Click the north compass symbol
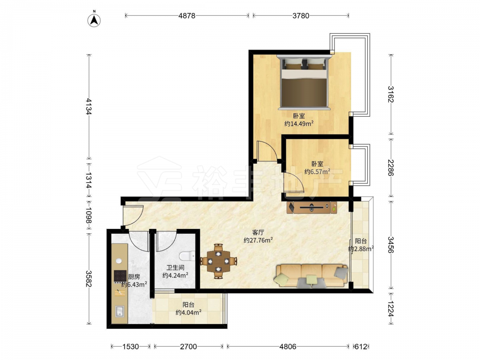pyautogui.click(x=94, y=20)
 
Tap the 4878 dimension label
pyautogui.click(x=187, y=16)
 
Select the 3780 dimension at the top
pyautogui.click(x=300, y=16)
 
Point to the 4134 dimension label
pyautogui.click(x=89, y=107)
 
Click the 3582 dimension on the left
pyautogui.click(x=89, y=279)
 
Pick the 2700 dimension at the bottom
pyautogui.click(x=188, y=347)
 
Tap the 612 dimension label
pyautogui.click(x=360, y=347)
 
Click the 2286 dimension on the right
pyautogui.click(x=391, y=168)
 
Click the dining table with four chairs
pyautogui.click(x=218, y=261)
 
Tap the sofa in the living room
pyautogui.click(x=312, y=276)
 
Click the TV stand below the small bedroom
pyautogui.click(x=312, y=207)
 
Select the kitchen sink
pyautogui.click(x=120, y=312)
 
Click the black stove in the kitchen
pyautogui.click(x=120, y=276)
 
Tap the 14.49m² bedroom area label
pyautogui.click(x=299, y=124)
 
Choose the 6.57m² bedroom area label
pyautogui.click(x=317, y=172)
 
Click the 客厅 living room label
pyautogui.click(x=258, y=232)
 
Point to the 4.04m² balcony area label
pyautogui.click(x=188, y=312)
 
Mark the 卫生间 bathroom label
pyautogui.click(x=175, y=267)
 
